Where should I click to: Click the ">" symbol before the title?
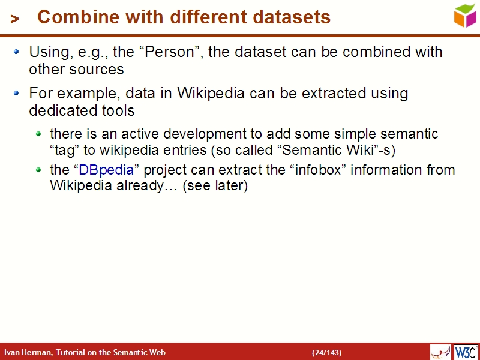[x=16, y=19]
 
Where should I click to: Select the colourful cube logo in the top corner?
[x=465, y=15]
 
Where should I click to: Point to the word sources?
[x=95, y=70]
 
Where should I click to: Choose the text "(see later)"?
[x=215, y=186]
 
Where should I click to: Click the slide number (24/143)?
[x=326, y=352]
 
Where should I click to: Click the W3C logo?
[x=466, y=352]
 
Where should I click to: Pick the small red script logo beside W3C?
[x=440, y=352]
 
